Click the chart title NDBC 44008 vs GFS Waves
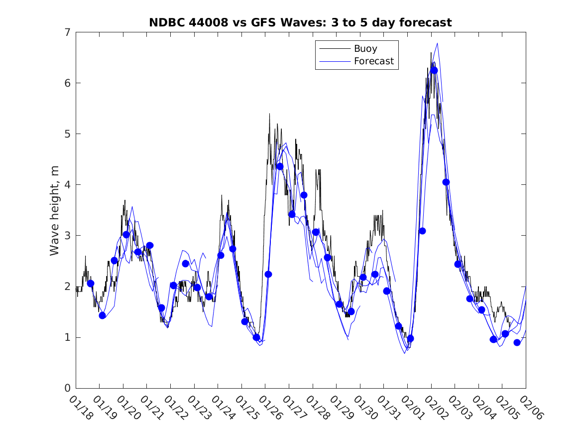tap(300, 22)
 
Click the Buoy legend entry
tap(365, 49)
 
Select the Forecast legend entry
tap(373, 61)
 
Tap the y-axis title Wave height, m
tap(55, 210)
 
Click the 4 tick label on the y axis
tap(66, 185)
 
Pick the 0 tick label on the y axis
tap(66, 388)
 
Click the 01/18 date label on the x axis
tap(81, 407)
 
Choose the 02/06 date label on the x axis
tap(531, 407)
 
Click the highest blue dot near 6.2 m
tap(434, 70)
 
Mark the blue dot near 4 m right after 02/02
tap(446, 182)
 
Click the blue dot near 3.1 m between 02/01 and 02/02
tap(422, 231)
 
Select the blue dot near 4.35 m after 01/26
tap(280, 166)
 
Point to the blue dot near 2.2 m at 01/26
tap(268, 274)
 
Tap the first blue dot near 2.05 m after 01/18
tap(91, 284)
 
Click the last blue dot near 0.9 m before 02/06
tap(517, 342)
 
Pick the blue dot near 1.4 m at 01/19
tap(103, 315)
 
